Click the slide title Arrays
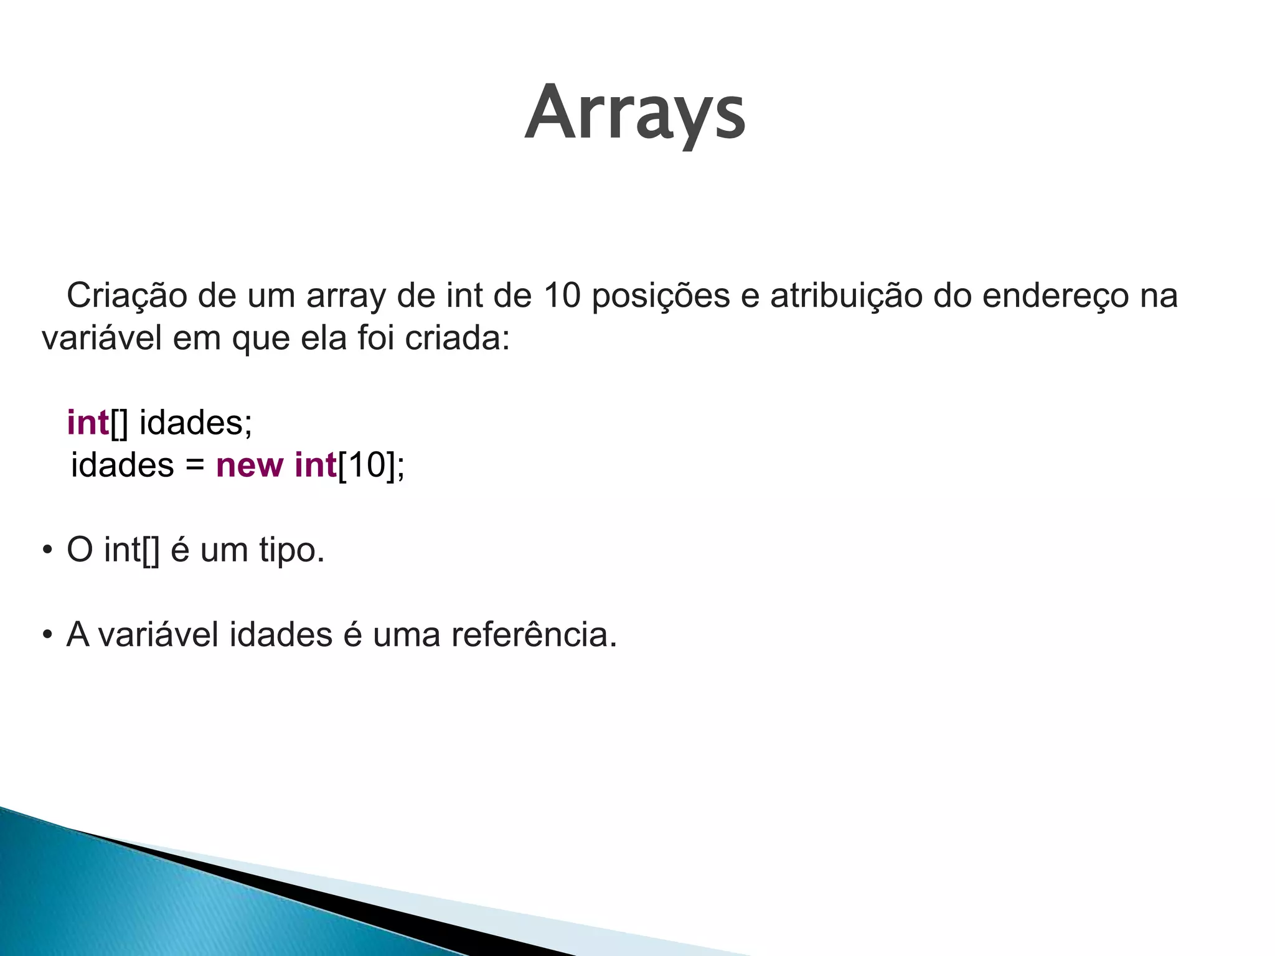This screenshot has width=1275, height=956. [635, 114]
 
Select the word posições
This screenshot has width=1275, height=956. [660, 296]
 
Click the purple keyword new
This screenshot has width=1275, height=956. [250, 465]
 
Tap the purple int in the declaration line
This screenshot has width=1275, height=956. [88, 423]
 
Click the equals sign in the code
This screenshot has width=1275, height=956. [195, 466]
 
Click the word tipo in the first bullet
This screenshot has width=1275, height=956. [287, 550]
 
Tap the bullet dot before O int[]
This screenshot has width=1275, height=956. [47, 551]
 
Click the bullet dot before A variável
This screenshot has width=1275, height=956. [47, 635]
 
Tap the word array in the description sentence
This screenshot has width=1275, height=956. [346, 296]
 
